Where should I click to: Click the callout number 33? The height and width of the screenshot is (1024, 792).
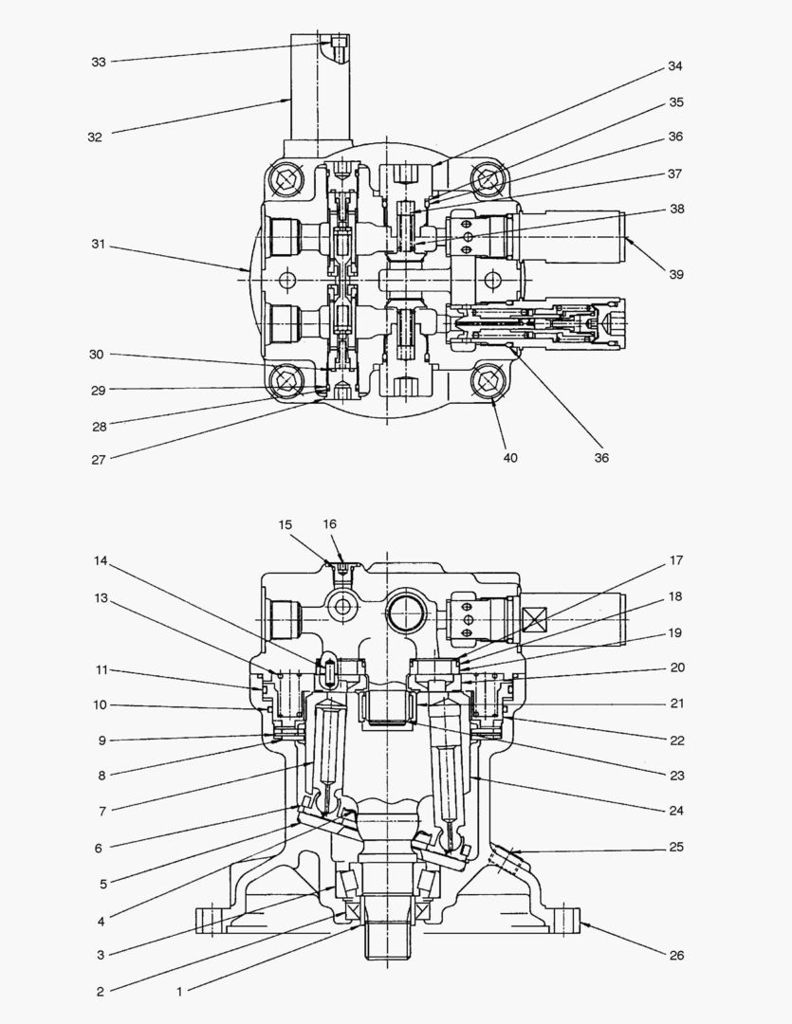[99, 62]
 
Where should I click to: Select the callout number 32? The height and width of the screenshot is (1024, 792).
[95, 137]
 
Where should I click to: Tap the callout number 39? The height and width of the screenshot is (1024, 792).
[675, 274]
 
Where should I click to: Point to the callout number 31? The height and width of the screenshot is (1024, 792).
[99, 246]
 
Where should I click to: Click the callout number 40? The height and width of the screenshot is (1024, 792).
[510, 457]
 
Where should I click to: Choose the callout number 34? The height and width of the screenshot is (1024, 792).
[674, 66]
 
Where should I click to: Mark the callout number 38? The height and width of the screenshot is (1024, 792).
[675, 209]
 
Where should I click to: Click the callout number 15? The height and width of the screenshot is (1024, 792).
[285, 524]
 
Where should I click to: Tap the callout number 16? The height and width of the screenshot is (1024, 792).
[329, 523]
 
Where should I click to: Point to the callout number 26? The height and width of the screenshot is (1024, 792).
[675, 955]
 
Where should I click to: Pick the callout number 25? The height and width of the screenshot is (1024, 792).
[675, 847]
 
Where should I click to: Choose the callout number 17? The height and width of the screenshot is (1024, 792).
[675, 560]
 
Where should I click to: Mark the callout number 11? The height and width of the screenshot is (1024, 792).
[101, 669]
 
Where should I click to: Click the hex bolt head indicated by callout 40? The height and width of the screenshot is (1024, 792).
[488, 383]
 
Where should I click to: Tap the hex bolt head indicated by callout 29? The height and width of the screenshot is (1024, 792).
[285, 383]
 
